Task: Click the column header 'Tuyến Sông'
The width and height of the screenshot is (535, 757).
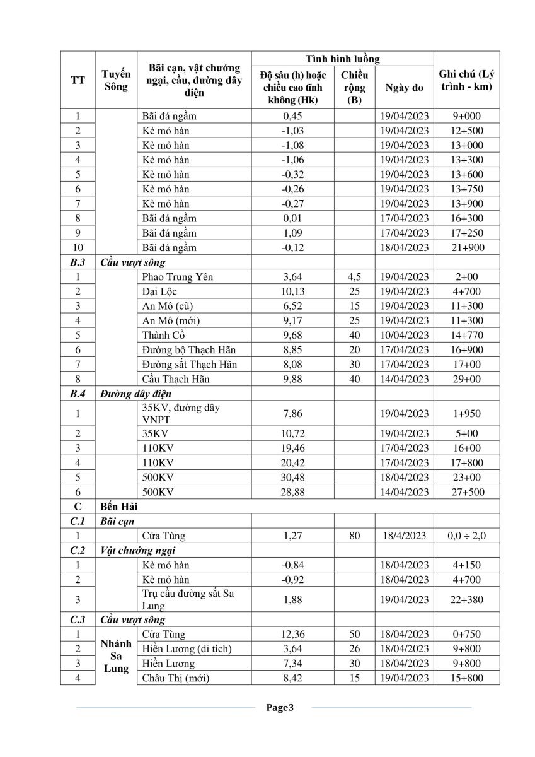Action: coord(116,80)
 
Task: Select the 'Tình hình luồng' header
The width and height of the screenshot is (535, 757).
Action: coord(343,59)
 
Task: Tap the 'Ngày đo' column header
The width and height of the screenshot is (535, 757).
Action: coord(405,88)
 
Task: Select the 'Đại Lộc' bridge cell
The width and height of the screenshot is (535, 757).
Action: coord(160,291)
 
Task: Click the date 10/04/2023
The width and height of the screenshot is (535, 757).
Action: coord(405,335)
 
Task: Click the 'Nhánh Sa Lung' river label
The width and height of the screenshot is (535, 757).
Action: coord(116,656)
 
